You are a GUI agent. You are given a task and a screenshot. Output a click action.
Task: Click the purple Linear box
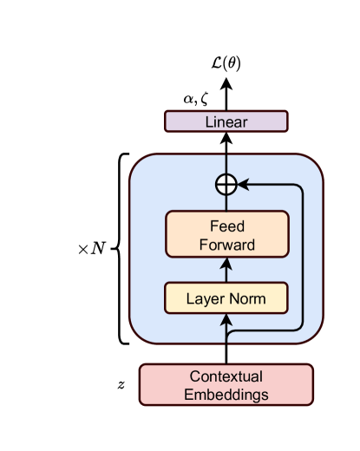click(226, 121)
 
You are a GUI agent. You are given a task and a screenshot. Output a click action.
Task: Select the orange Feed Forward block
click(226, 234)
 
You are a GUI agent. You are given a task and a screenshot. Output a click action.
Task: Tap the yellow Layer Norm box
click(226, 299)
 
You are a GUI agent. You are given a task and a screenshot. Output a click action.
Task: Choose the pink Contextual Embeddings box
click(226, 385)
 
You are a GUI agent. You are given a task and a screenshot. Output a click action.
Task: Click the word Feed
click(226, 225)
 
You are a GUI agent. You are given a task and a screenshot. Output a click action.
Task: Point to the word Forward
click(226, 244)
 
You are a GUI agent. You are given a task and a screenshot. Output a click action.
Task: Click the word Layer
click(205, 299)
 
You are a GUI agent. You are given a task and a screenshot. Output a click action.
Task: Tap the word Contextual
click(226, 376)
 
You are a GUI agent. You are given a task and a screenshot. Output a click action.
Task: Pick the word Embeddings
click(226, 395)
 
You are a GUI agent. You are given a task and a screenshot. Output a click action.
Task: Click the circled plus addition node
click(226, 184)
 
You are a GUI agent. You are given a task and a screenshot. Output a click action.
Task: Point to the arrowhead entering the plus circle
click(242, 184)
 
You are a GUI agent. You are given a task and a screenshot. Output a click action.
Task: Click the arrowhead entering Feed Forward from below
click(226, 262)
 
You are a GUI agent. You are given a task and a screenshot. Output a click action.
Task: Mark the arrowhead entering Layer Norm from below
click(226, 321)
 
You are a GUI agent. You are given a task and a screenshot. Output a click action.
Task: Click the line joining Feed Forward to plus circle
click(226, 202)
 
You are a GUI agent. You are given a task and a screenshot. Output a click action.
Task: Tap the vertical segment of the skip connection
click(302, 260)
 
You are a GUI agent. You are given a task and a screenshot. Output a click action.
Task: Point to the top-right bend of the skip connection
click(300, 186)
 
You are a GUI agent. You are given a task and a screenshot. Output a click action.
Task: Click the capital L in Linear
click(209, 121)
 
